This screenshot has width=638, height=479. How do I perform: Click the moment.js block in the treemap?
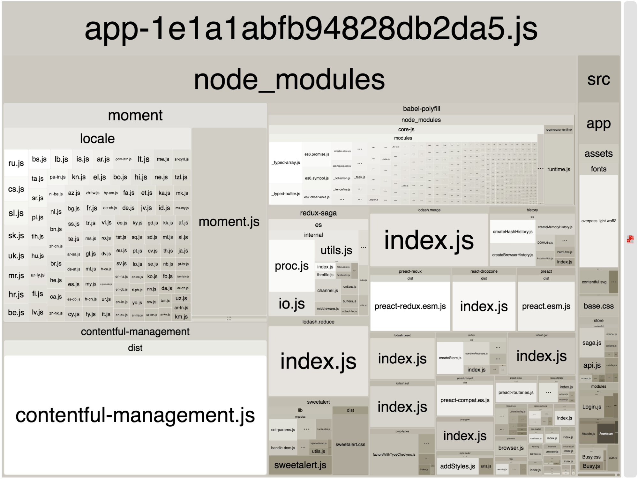(229, 222)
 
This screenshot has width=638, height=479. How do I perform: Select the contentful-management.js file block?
(135, 415)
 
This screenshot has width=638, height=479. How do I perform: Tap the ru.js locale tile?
(16, 163)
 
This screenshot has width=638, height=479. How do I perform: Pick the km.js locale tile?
(181, 316)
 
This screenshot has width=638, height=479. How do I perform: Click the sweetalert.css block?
(350, 444)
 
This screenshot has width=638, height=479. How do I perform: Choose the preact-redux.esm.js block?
(410, 306)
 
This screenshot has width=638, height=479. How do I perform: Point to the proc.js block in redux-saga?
(292, 266)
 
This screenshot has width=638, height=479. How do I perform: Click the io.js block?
(292, 303)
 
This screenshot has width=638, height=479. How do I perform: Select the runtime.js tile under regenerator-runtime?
(559, 169)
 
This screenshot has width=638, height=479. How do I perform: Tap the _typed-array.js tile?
(286, 163)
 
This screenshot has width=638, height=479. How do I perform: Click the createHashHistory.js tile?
(513, 232)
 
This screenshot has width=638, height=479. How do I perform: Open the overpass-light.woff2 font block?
(598, 221)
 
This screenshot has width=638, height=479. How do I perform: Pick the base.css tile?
(598, 306)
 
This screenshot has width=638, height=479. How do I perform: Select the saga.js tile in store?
(592, 343)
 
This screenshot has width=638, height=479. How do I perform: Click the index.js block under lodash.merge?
(429, 240)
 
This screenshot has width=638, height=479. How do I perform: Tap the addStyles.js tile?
(457, 466)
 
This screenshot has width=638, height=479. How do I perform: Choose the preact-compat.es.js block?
(465, 400)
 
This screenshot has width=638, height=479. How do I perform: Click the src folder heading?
(598, 79)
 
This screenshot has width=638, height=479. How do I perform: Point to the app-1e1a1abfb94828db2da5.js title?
(311, 29)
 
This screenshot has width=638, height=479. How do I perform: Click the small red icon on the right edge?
(630, 239)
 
